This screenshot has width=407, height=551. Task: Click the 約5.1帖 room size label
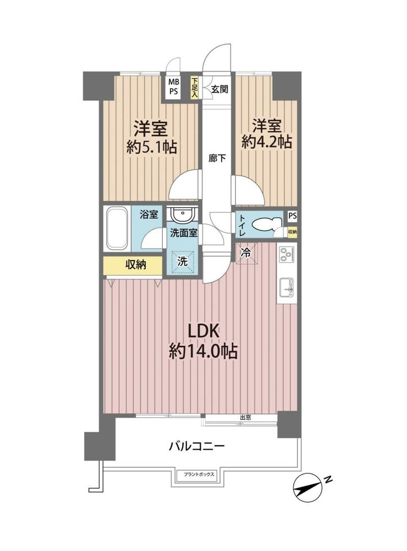(x=152, y=148)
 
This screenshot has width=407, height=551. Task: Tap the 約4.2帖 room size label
(x=267, y=142)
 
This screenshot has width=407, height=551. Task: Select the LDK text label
(x=204, y=331)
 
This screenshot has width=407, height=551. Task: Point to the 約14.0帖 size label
(x=204, y=351)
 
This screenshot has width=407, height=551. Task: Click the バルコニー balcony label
(x=197, y=446)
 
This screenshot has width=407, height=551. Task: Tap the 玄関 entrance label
(x=219, y=89)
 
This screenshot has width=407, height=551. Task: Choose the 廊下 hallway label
(x=217, y=159)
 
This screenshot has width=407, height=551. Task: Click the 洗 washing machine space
(x=182, y=261)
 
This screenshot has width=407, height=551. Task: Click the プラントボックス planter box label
(x=199, y=474)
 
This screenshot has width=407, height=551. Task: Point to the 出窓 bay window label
(x=245, y=417)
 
